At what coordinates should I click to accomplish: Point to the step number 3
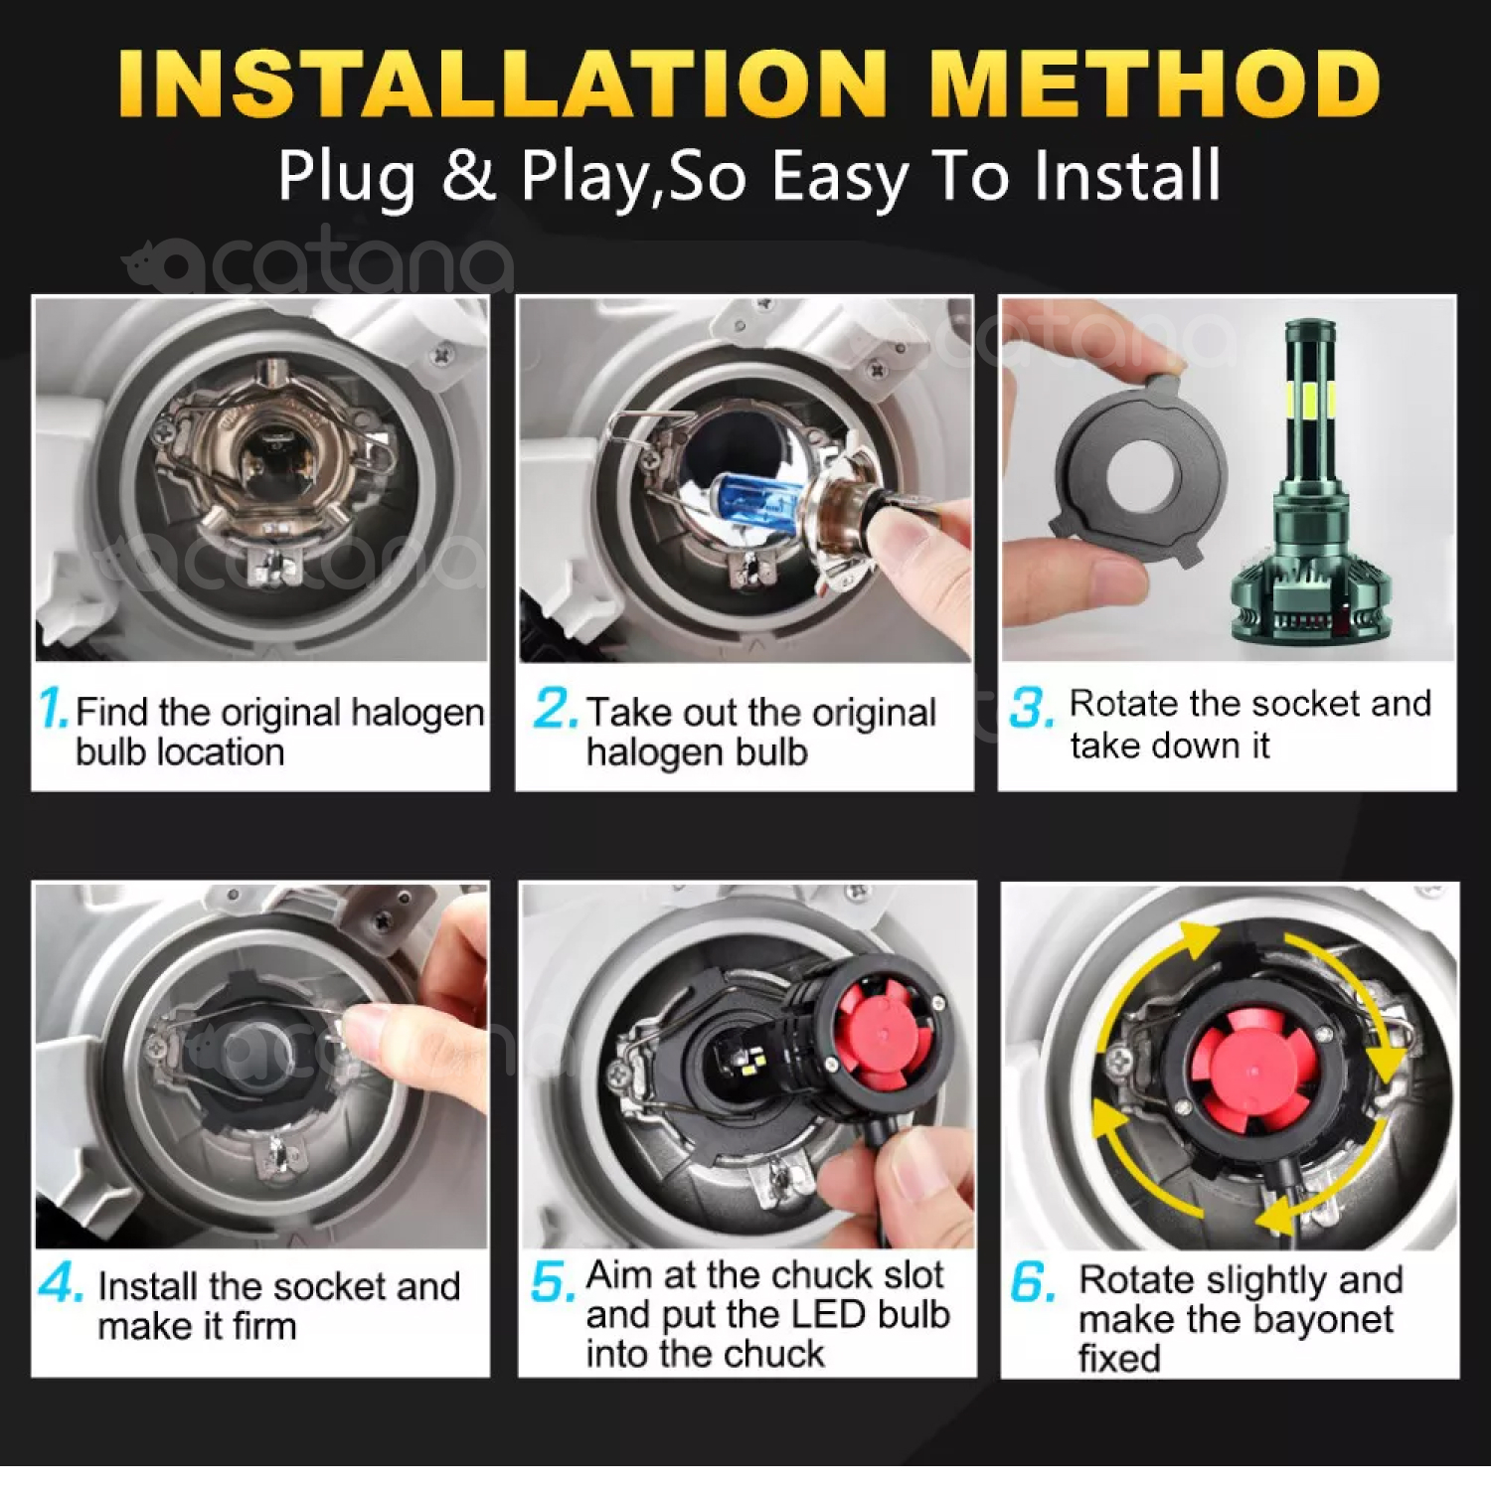(1031, 708)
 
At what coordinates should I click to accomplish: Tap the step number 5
(553, 1282)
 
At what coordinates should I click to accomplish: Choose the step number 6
(1034, 1282)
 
